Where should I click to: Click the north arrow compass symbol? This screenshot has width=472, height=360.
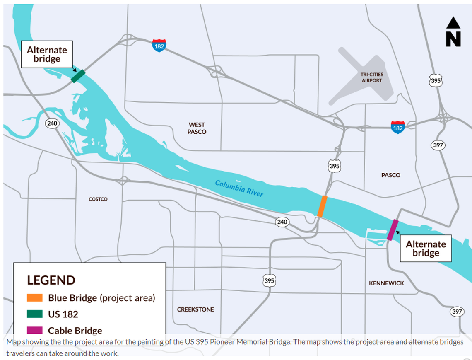[x=453, y=32]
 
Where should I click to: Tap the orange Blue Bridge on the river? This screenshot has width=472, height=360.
[x=322, y=206]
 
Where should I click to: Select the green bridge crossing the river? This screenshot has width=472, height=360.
[x=78, y=76]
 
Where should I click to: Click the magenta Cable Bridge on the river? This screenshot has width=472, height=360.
[x=393, y=230]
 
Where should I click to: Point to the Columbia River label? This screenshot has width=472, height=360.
[x=239, y=188]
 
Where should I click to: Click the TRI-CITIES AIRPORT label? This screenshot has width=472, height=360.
[x=372, y=77]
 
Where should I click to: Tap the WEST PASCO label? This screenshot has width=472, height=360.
[x=197, y=128]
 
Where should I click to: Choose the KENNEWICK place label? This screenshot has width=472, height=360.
[x=386, y=283]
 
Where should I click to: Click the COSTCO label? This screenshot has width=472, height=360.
[x=98, y=199]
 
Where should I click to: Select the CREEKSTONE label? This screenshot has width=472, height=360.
[x=195, y=309]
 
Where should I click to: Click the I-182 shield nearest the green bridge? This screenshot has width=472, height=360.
[x=159, y=45]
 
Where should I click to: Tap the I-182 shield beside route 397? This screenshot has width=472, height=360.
[x=397, y=127]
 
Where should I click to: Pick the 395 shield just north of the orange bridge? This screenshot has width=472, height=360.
[x=334, y=167]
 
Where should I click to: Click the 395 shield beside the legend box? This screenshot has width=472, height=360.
[x=269, y=281]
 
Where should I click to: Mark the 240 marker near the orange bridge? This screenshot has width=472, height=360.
[x=282, y=222]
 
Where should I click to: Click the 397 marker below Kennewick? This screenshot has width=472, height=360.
[x=457, y=312]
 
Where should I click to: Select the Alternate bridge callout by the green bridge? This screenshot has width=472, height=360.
[x=47, y=55]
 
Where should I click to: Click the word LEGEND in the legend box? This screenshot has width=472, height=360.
[x=51, y=280]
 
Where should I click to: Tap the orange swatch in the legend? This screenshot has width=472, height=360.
[x=35, y=298]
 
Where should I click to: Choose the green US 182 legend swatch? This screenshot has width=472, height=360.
[x=35, y=314]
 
